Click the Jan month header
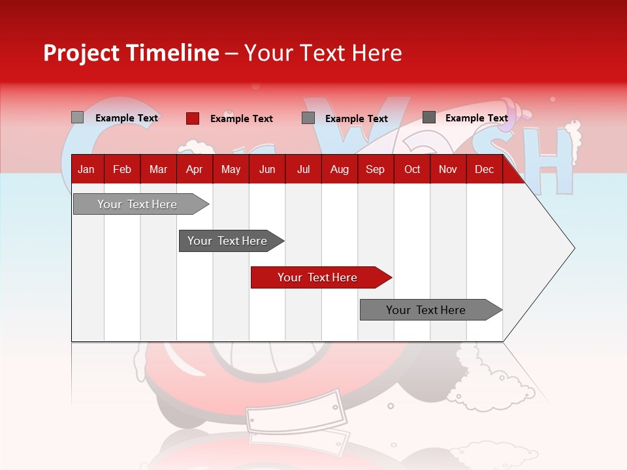[x=86, y=170]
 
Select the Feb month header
[x=122, y=170]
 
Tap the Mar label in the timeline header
[x=158, y=170]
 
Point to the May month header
[x=231, y=170]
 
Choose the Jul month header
[x=303, y=170]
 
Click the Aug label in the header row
[x=340, y=170]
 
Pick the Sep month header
[x=375, y=170]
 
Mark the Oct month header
[x=412, y=170]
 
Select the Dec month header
[x=485, y=170]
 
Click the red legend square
[x=193, y=118]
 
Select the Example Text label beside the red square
[x=242, y=119]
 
